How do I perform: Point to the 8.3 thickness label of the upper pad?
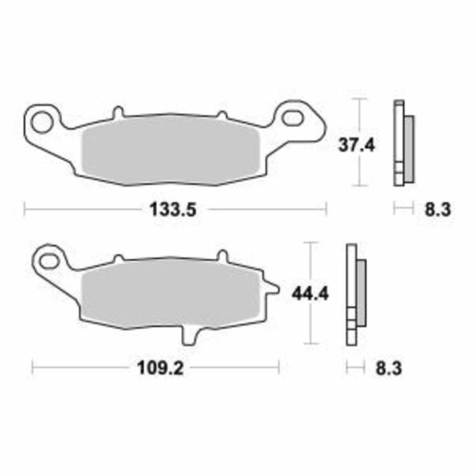438,210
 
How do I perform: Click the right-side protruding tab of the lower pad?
272,292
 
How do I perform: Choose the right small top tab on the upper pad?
222,113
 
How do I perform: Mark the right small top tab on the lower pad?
222,257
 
